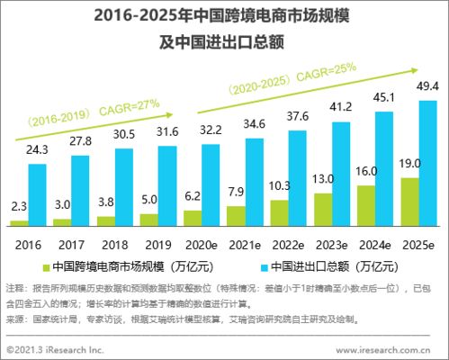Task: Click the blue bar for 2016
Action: [37, 193]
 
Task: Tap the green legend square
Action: [46, 266]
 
